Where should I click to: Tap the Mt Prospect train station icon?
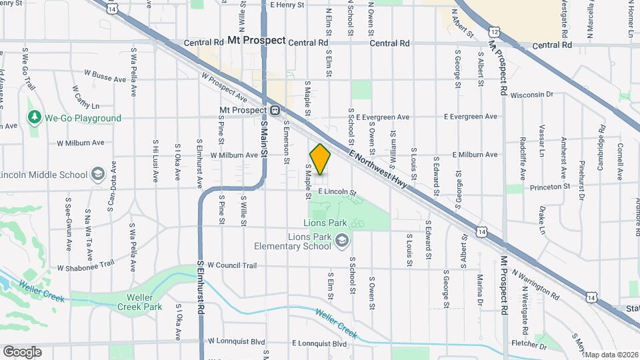[x=274, y=109]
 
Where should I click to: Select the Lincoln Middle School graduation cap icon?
[x=98, y=175]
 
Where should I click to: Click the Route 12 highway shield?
[x=493, y=31]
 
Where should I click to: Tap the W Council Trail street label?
[x=232, y=265]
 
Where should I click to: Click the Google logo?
[x=22, y=351]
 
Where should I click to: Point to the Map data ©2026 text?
[x=612, y=355]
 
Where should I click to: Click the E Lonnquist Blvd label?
[x=319, y=343]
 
